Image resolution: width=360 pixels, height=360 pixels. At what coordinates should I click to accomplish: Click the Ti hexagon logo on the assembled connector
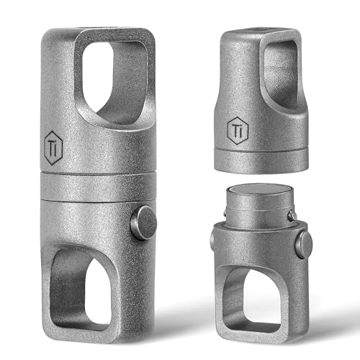(x=53, y=148)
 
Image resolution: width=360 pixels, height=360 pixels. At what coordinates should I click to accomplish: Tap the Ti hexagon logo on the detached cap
(x=238, y=130)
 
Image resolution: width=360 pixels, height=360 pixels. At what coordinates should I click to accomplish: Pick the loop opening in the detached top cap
(x=280, y=73)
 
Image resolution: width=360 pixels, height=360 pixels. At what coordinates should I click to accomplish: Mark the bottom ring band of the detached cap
(x=261, y=161)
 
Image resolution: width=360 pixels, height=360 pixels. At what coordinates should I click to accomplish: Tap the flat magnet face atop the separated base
(x=259, y=190)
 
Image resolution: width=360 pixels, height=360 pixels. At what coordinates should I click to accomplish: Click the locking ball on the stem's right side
(x=292, y=215)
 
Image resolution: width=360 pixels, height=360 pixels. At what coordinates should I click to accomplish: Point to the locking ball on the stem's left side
(x=225, y=212)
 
